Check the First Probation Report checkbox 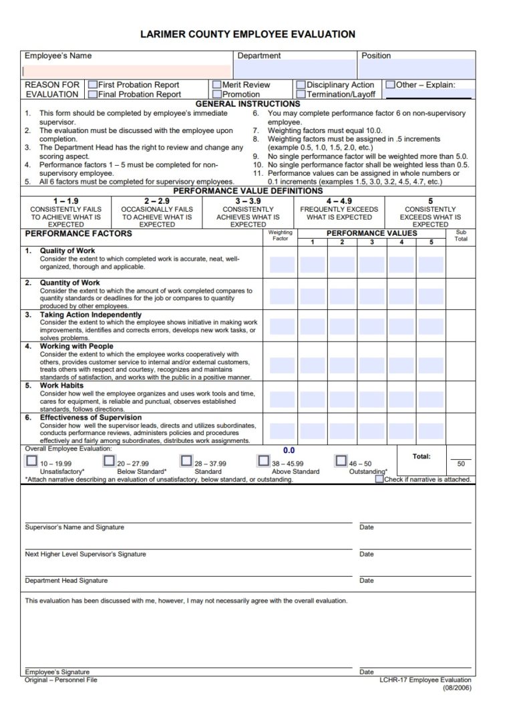tap(92, 85)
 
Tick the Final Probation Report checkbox tap(92, 94)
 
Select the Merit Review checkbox tap(217, 85)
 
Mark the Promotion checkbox tap(217, 94)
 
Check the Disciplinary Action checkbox tap(301, 85)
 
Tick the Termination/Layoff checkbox tap(301, 94)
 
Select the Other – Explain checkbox tap(390, 85)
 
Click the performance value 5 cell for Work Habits tap(431, 400)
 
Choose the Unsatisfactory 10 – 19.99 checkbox tap(31, 460)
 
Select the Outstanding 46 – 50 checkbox tap(341, 460)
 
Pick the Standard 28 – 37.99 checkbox tap(186, 460)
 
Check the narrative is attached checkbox tap(379, 478)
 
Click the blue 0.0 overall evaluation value tap(289, 450)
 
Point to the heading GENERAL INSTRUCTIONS tap(247, 104)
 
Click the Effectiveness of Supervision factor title tap(90, 418)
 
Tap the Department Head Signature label tap(66, 581)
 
